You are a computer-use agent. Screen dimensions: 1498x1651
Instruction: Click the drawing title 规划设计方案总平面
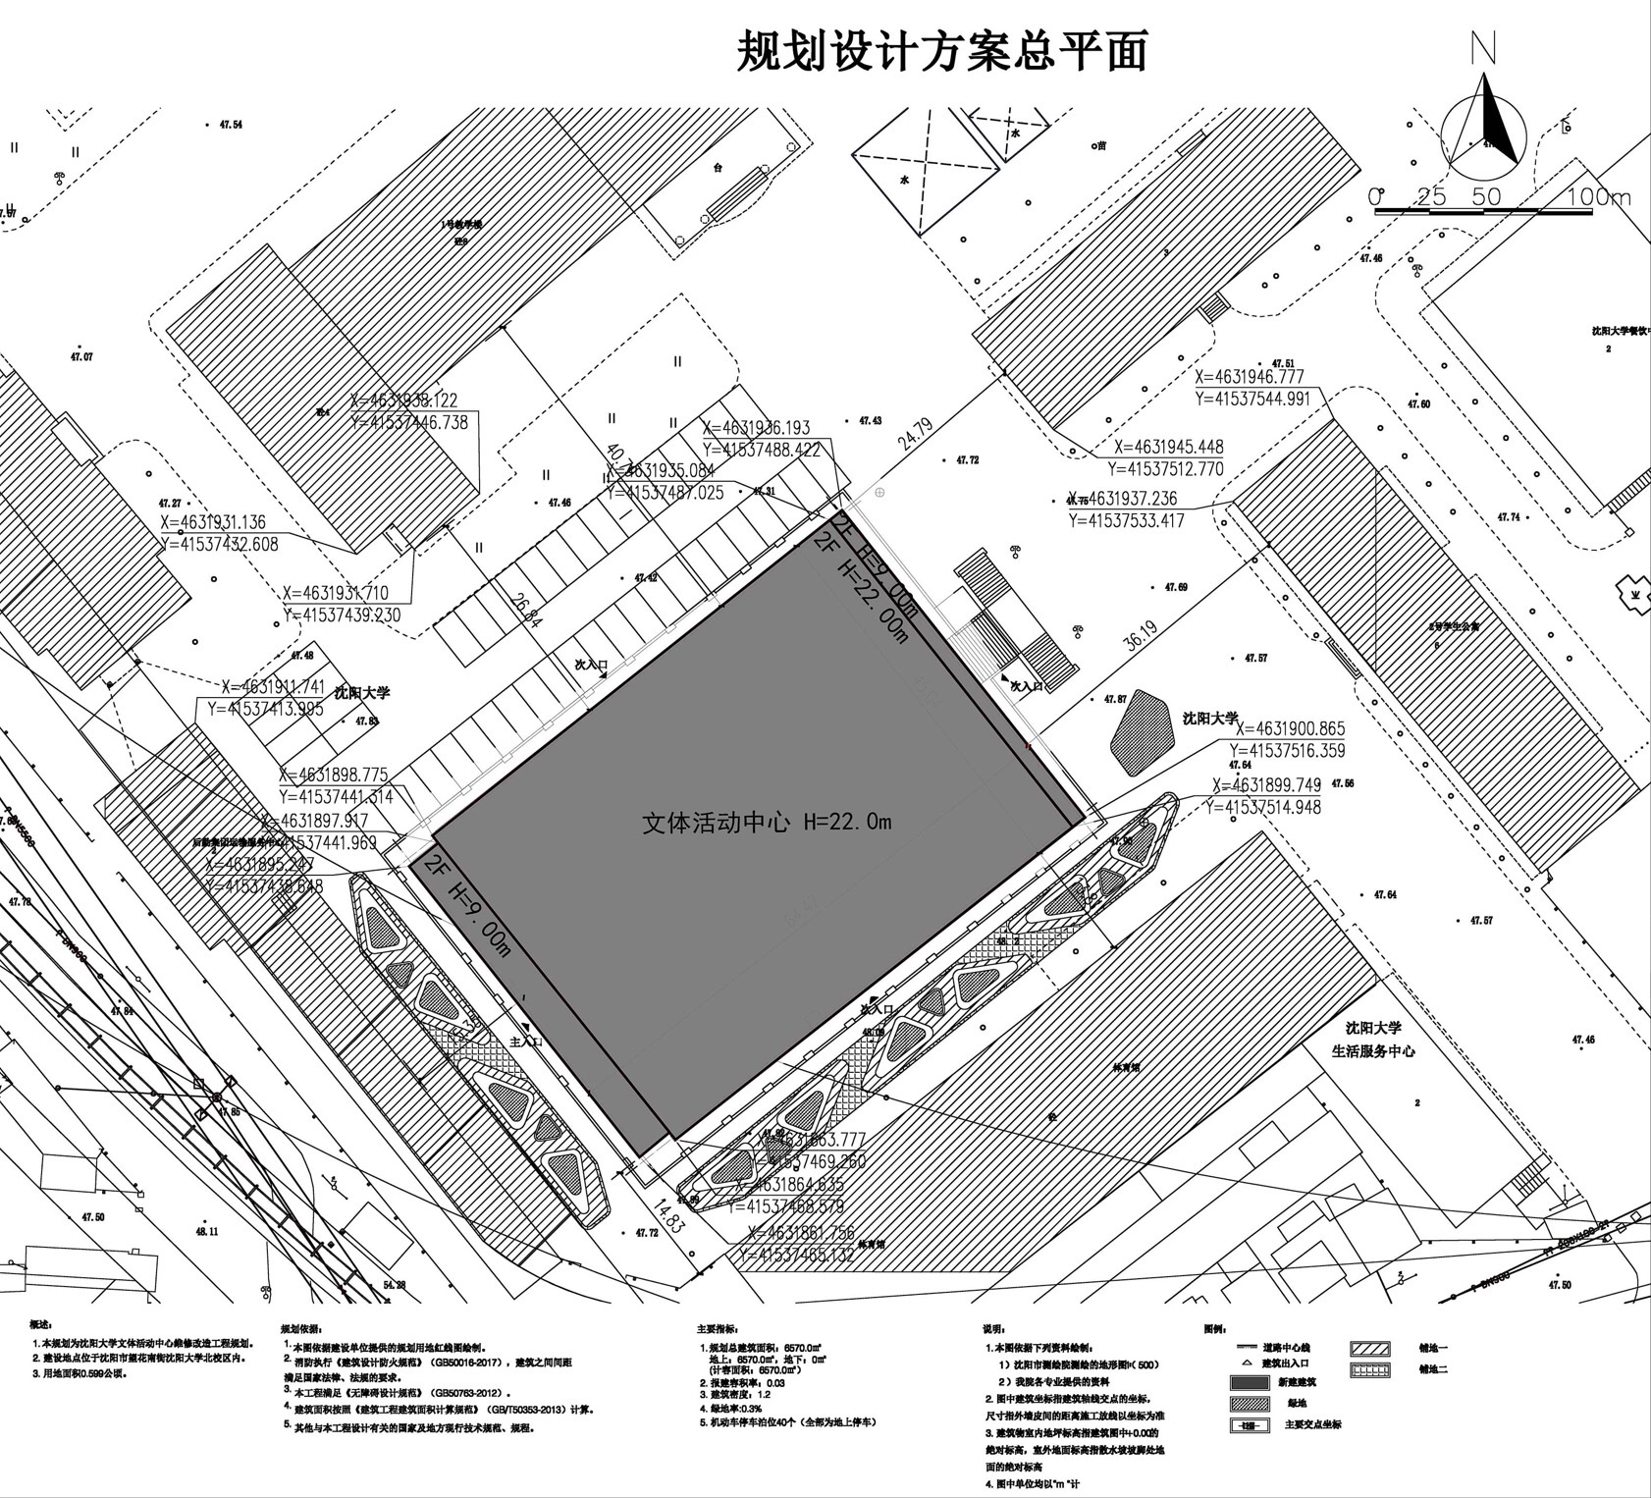point(941,51)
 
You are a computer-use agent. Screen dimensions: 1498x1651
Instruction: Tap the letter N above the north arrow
point(1484,49)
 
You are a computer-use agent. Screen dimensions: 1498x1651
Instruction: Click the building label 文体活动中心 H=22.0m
point(766,823)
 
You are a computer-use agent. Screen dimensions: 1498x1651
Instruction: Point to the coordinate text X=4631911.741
point(272,687)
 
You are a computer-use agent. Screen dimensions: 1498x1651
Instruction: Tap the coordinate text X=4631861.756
point(801,1234)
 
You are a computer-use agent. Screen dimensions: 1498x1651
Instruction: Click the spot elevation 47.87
point(1115,700)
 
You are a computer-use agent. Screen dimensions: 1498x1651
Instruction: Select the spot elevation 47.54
point(231,125)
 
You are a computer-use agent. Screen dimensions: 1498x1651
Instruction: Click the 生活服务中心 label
point(1372,1051)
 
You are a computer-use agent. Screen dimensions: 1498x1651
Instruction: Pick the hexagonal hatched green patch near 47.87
point(1143,727)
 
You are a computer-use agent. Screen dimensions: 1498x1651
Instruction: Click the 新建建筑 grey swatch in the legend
point(1250,1379)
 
